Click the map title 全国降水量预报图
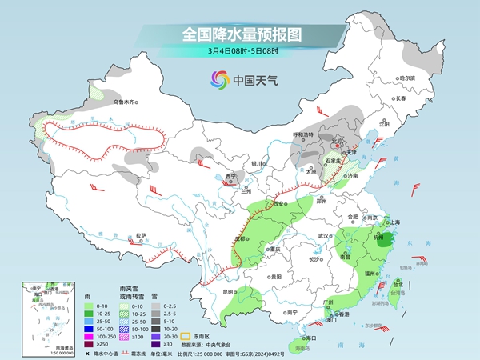[239, 34]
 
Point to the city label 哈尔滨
[408, 78]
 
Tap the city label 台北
[397, 282]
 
